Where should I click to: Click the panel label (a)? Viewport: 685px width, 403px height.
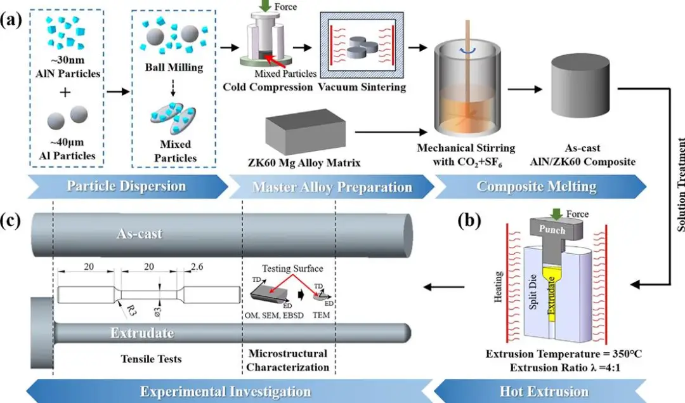[x=12, y=19]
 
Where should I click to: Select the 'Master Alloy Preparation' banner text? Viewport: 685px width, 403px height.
[x=332, y=187]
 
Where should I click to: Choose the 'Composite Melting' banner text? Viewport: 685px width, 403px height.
[x=537, y=187]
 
